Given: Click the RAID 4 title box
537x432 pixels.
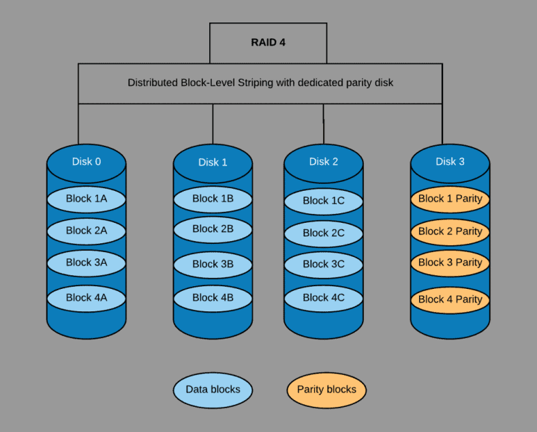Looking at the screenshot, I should tap(268, 42).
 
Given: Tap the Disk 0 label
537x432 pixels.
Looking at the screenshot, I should tap(87, 161).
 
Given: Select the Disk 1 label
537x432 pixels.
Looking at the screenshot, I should tap(213, 162).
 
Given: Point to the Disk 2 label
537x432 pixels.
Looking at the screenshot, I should tap(323, 161).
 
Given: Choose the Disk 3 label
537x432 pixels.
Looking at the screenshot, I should tap(450, 161).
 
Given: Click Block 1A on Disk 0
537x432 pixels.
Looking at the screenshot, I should tap(87, 199).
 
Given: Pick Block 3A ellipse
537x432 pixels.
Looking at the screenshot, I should tap(87, 262).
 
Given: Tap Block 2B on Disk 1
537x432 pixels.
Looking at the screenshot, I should tap(213, 229).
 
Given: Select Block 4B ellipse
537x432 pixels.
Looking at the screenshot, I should tap(213, 298).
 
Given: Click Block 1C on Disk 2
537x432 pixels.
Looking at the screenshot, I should tap(323, 200).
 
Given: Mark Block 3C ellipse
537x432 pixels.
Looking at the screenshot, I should tap(323, 264).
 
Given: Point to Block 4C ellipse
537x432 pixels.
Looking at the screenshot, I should tap(323, 298).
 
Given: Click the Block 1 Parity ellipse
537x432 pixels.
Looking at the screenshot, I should tap(450, 199).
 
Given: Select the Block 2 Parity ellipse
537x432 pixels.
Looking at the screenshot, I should tap(450, 232).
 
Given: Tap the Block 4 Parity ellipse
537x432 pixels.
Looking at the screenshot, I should tap(450, 299).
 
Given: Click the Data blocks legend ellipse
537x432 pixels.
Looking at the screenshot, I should tap(213, 390).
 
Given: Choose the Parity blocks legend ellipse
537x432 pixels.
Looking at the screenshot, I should tap(326, 390).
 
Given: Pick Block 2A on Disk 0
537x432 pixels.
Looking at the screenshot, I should tap(87, 231).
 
